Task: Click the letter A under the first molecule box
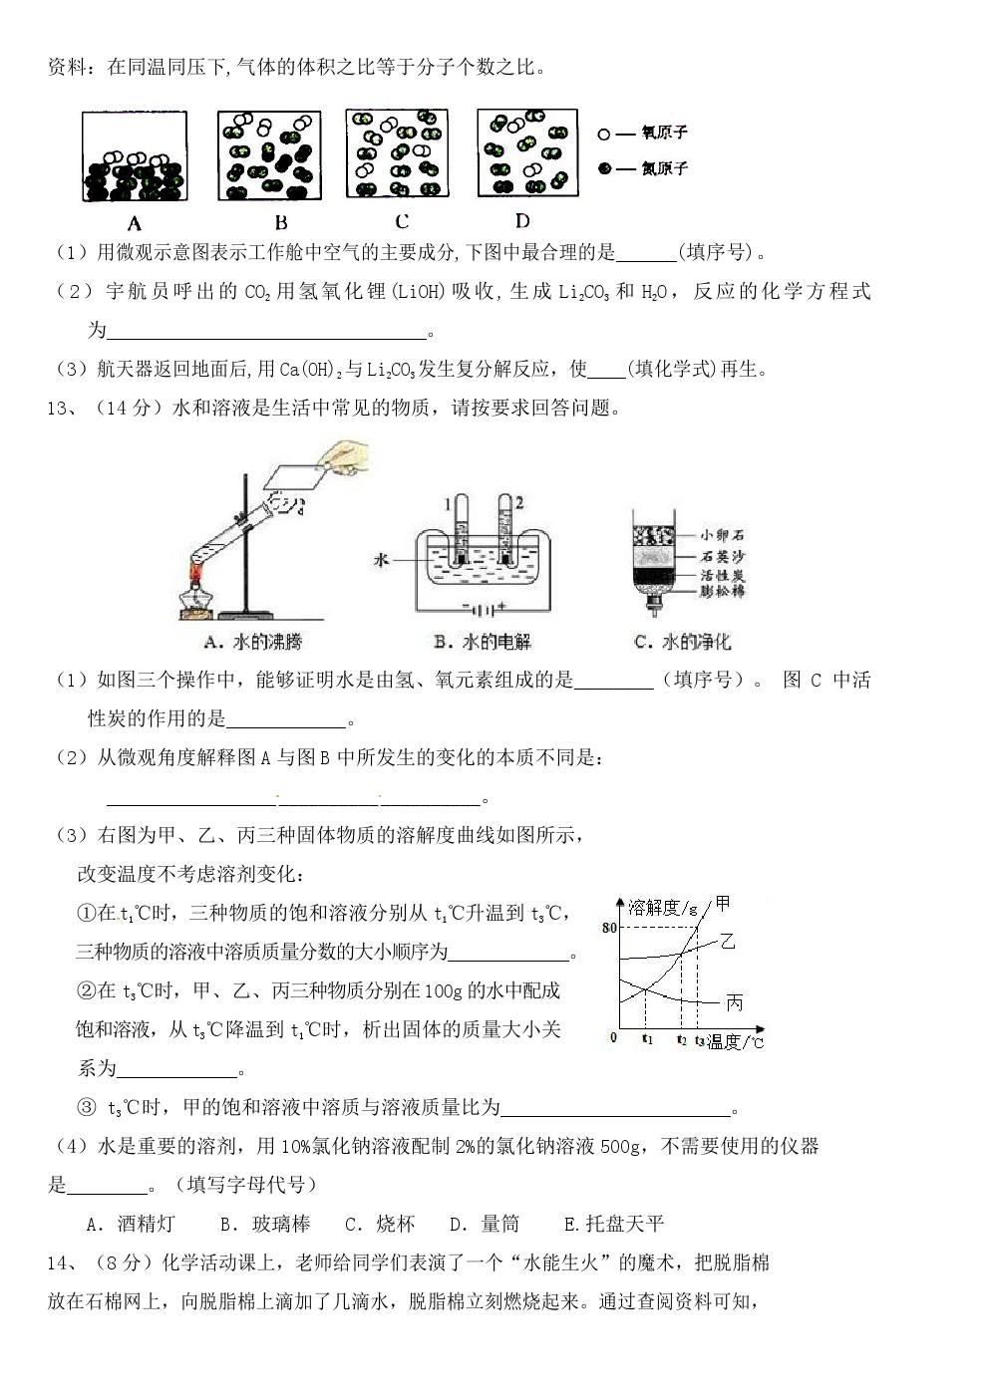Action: pyautogui.click(x=135, y=223)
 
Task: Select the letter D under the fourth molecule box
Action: pyautogui.click(x=521, y=220)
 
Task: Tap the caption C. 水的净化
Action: pyautogui.click(x=683, y=643)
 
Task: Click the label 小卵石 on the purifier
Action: pyautogui.click(x=722, y=535)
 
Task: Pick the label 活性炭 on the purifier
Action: pyautogui.click(x=722, y=575)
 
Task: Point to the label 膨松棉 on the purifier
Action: pyautogui.click(x=722, y=592)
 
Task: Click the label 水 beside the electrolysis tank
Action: pyautogui.click(x=381, y=560)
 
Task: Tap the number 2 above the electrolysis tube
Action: pyautogui.click(x=519, y=502)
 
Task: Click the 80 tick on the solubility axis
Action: pyautogui.click(x=610, y=928)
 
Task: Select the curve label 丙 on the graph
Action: pyautogui.click(x=735, y=1002)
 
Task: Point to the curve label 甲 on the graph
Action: pyautogui.click(x=723, y=903)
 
